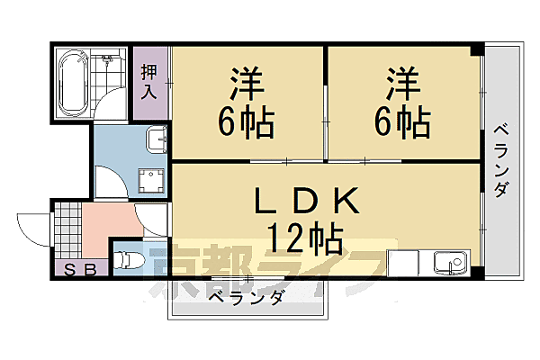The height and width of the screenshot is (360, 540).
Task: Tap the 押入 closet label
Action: (149, 81)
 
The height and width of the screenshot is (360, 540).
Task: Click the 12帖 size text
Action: (303, 238)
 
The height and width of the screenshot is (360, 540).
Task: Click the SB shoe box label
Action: (82, 266)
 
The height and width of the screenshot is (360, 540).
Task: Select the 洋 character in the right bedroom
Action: (403, 85)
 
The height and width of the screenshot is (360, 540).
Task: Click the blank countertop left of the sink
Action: (409, 264)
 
